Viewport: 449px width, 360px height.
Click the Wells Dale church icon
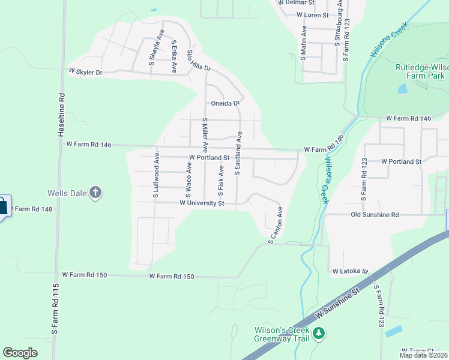(x=95, y=193)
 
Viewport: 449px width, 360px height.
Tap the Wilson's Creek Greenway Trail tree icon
(x=320, y=332)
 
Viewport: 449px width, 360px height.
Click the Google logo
(x=20, y=352)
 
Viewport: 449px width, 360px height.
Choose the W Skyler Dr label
(x=85, y=71)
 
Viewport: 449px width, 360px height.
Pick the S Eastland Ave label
(x=238, y=154)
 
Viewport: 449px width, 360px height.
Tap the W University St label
(x=202, y=203)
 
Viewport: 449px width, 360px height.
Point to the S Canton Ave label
(x=276, y=224)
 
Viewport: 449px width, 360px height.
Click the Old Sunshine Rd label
(x=375, y=214)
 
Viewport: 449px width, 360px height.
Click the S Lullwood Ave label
(x=155, y=174)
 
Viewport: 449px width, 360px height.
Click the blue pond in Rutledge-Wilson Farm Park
(x=402, y=89)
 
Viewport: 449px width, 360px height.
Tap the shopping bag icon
(x=3, y=206)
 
